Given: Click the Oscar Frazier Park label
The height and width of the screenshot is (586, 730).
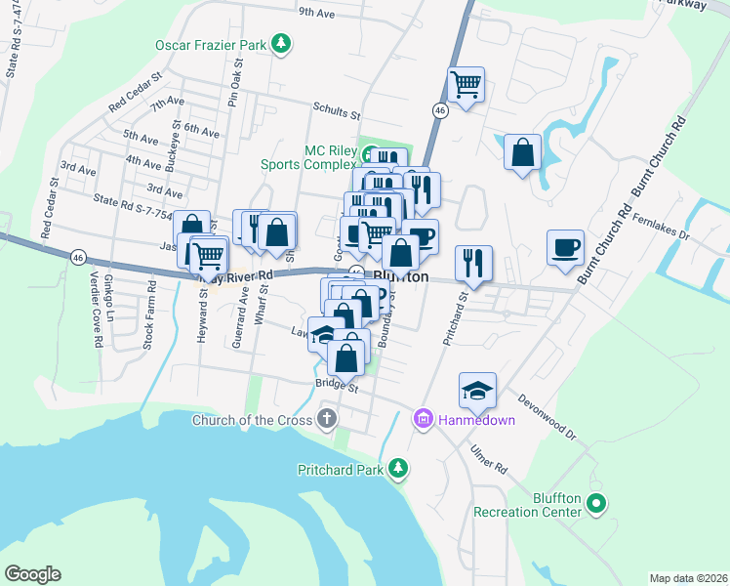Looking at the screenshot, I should (x=211, y=44).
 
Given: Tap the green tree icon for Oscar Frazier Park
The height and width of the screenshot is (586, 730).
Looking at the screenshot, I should (x=281, y=44).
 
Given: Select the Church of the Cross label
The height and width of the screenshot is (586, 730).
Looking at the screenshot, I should (x=252, y=421).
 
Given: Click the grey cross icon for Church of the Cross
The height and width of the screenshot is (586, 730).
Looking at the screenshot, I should (x=327, y=421).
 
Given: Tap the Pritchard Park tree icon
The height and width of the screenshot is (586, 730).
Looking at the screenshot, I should (x=397, y=469).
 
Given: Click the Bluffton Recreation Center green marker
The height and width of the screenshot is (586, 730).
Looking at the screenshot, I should (x=597, y=505).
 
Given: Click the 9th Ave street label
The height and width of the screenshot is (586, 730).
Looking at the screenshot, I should (x=317, y=14).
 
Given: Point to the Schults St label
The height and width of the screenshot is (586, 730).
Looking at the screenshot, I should (x=337, y=111).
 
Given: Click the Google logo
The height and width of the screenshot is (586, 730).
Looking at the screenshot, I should (x=32, y=574).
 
